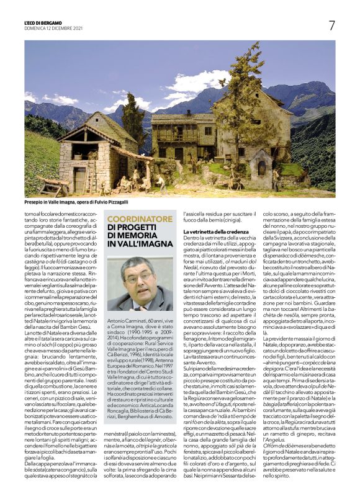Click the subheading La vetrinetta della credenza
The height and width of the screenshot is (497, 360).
pos(215,231)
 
